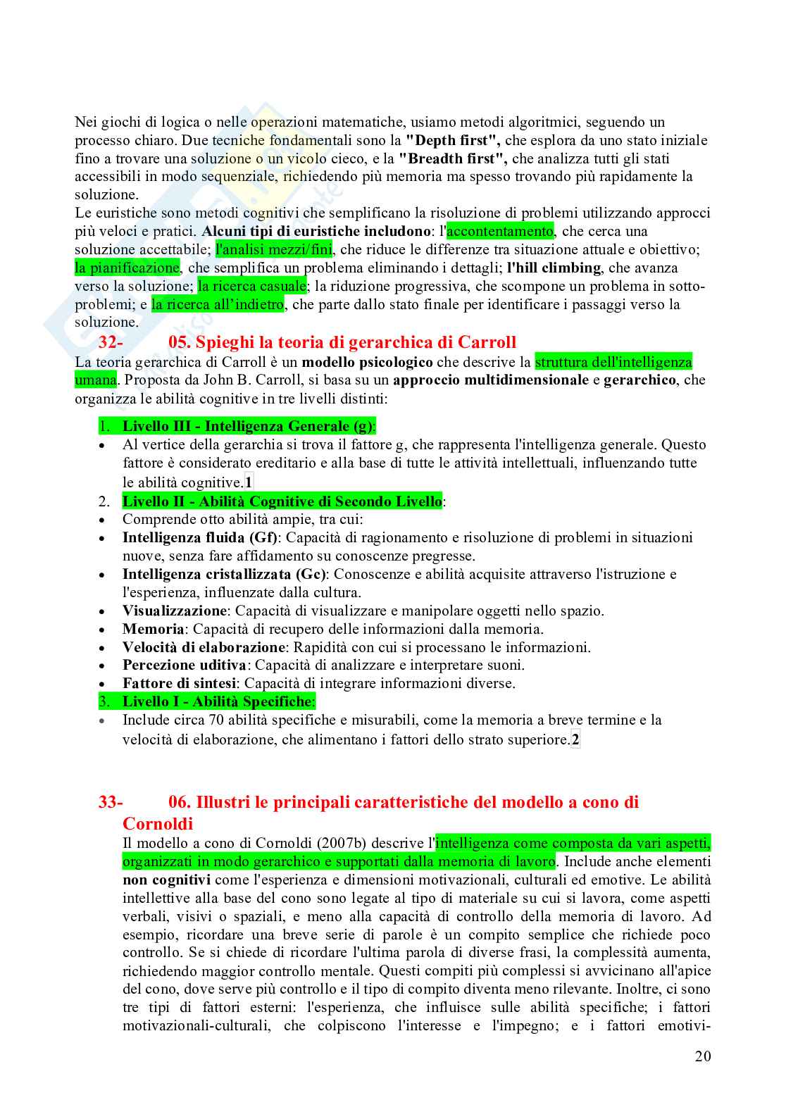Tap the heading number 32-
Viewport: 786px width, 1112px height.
111,342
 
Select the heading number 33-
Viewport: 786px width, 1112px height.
111,802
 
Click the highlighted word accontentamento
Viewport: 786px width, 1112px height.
500,231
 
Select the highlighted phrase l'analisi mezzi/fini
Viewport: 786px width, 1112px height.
274,249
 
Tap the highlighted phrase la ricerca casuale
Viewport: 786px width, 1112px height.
252,286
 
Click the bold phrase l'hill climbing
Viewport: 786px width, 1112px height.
554,268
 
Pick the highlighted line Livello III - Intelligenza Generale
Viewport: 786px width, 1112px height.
248,426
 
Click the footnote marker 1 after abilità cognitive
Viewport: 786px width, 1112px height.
248,482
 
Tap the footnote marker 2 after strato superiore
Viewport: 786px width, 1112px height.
575,739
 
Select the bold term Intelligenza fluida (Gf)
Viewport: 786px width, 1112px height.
200,537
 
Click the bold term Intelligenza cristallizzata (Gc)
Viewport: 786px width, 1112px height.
225,574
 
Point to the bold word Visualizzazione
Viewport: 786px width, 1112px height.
174,611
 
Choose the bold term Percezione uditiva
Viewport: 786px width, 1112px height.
184,665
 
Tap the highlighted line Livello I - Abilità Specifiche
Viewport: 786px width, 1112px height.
217,701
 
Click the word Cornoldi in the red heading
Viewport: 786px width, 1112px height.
158,824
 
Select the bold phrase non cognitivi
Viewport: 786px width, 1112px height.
166,880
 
